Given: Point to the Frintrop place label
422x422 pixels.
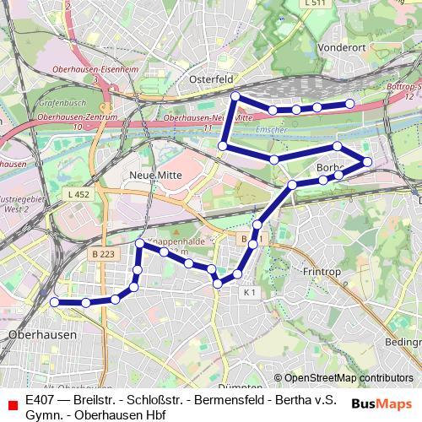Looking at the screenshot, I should click(x=321, y=272).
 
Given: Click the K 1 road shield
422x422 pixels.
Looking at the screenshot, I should click(x=247, y=292).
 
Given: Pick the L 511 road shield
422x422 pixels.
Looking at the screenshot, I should click(x=314, y=3).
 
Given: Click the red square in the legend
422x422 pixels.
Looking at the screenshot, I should click(x=12, y=406).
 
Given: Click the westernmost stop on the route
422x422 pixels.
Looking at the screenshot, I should click(x=55, y=301).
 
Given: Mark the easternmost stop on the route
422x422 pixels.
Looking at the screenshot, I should click(x=367, y=160).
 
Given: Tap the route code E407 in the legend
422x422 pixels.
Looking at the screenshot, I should click(x=42, y=399).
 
